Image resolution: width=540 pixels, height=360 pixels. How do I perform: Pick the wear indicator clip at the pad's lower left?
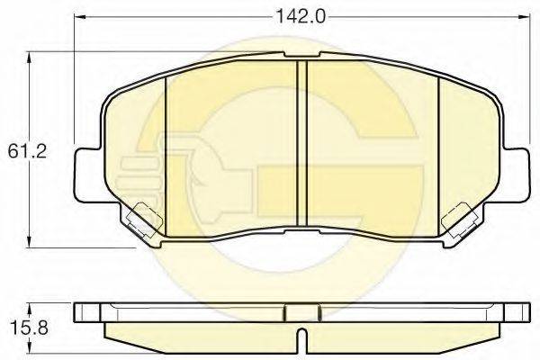click(142, 218)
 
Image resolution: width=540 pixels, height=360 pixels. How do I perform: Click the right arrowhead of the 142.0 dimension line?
click(523, 15)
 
